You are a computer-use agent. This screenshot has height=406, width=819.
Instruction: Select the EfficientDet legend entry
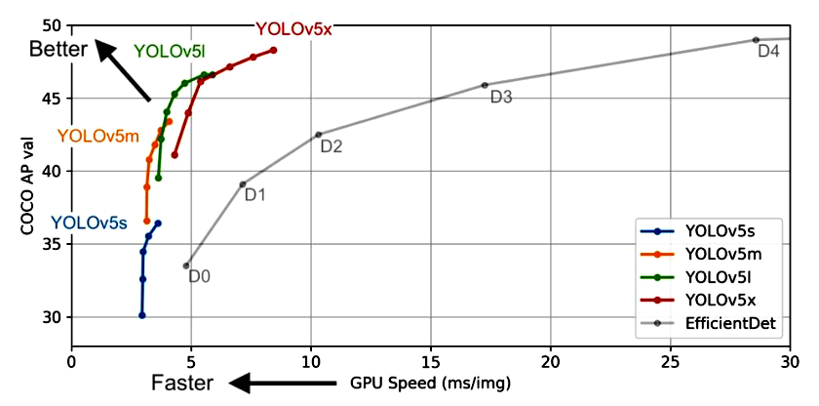730,323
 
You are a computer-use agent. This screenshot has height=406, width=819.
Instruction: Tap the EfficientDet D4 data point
756,40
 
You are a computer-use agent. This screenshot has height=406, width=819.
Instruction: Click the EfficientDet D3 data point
485,85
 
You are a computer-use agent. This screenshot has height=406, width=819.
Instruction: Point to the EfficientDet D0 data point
186,265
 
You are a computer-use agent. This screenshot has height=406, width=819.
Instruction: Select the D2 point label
331,147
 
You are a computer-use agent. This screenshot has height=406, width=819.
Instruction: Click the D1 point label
255,195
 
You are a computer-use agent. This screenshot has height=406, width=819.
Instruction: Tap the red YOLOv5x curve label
293,29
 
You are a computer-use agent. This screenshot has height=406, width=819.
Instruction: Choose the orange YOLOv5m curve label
96,137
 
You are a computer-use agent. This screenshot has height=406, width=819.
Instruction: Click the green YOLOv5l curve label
175,52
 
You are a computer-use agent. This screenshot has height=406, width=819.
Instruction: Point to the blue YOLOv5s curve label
89,223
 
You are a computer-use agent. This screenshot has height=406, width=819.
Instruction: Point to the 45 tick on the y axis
52,99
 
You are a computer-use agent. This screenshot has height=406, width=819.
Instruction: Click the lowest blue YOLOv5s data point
142,315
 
